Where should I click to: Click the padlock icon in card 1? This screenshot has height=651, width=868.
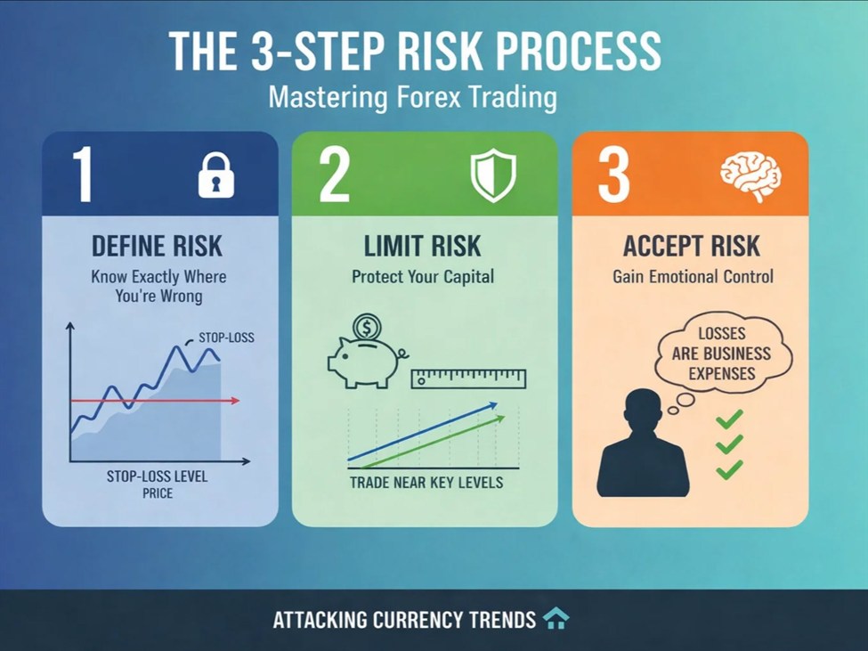tap(216, 175)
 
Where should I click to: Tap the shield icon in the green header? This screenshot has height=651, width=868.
tap(493, 175)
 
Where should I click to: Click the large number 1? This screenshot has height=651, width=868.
tap(82, 175)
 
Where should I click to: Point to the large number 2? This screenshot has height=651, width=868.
tap(334, 175)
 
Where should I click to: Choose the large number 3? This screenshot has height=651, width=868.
tap(614, 175)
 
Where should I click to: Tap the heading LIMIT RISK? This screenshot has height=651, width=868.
tap(423, 247)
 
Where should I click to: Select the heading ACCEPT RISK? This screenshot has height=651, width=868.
tap(693, 247)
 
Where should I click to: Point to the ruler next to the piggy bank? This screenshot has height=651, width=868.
tap(468, 379)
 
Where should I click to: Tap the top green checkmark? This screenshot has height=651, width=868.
tap(729, 418)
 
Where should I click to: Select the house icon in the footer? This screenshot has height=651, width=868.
tap(556, 618)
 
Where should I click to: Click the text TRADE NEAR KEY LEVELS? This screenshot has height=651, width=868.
tap(426, 483)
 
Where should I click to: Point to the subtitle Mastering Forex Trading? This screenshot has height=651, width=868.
tap(412, 96)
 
